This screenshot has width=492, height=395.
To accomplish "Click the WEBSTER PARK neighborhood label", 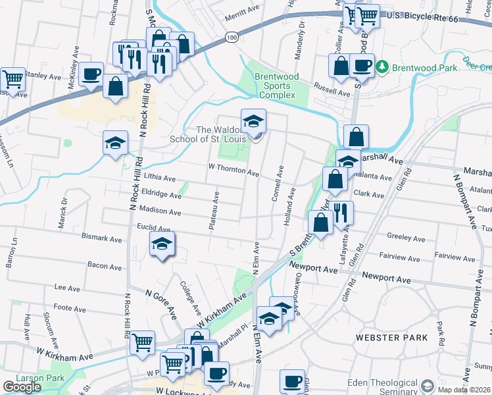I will pos(392,338).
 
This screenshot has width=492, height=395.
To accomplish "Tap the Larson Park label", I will pos(23,379).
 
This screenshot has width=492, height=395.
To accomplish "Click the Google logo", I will pos(22,387).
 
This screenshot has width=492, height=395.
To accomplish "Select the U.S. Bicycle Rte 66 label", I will pos(437,15).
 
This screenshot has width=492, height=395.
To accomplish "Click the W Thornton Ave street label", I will pos(234,170).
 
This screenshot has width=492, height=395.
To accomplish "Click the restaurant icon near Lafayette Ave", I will pos(340,213).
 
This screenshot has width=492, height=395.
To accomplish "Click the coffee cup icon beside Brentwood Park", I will pos(361,65).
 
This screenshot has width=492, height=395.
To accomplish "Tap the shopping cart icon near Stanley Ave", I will pos(12,79).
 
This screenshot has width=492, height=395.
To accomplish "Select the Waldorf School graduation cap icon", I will pos(253,120).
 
